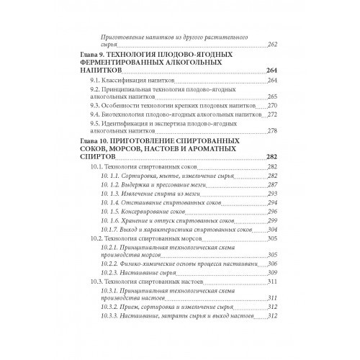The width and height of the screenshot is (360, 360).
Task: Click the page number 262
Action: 273,45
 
